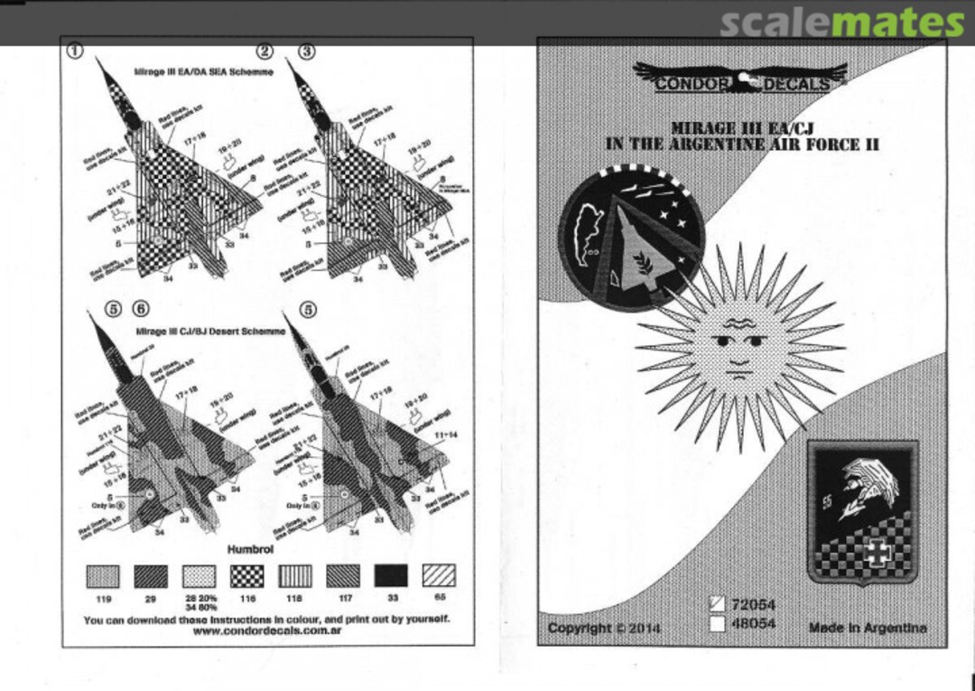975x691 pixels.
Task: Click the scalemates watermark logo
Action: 841,22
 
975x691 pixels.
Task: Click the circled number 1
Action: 75,51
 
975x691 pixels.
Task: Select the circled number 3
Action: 307,51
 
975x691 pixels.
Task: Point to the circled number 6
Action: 140,308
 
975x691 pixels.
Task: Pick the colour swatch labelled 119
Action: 102,575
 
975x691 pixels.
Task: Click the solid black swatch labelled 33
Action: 391,575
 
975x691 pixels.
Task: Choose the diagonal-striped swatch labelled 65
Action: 439,575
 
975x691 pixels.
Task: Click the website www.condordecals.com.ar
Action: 267,631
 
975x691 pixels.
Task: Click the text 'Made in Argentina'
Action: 867,628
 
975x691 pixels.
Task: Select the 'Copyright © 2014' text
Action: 604,628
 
